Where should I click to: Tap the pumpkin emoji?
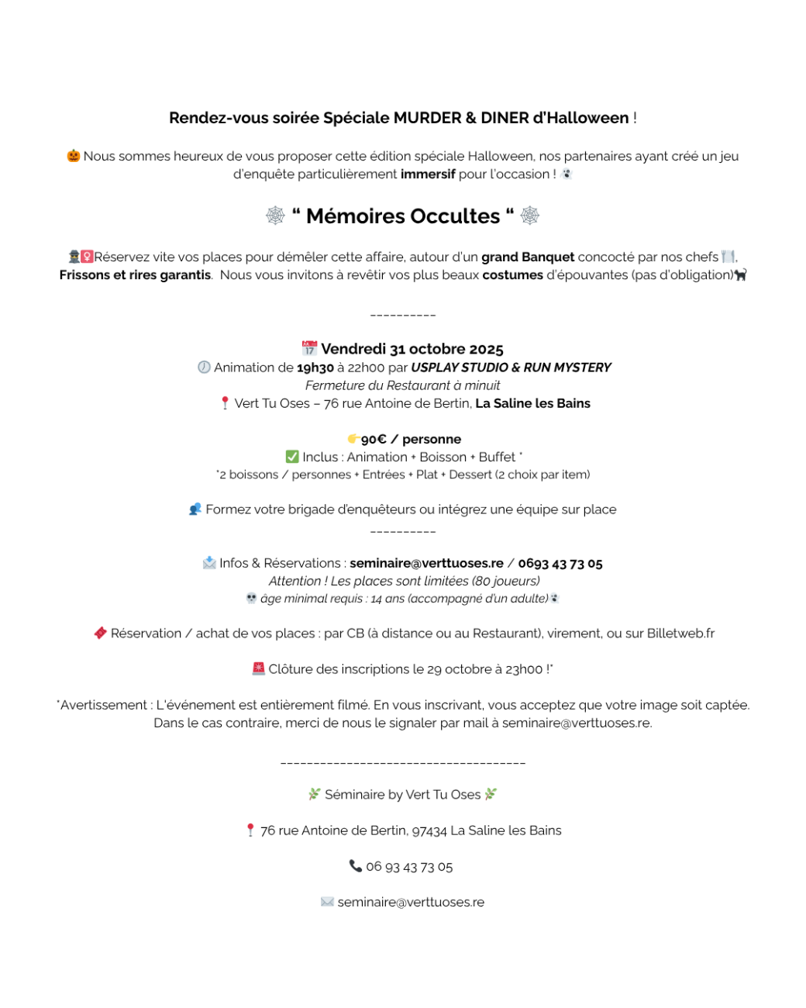(74, 156)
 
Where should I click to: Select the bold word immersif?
(428, 174)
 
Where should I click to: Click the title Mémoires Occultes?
(403, 216)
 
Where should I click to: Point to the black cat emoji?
(741, 275)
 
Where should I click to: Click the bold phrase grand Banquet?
(528, 257)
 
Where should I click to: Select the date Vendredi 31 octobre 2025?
(412, 349)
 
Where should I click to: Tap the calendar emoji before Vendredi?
(309, 348)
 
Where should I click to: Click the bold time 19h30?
(315, 368)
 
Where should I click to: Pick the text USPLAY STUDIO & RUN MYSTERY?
(511, 368)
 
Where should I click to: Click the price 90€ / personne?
(411, 440)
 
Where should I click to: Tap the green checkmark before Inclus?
(292, 457)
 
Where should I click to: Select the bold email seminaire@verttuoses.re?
(426, 564)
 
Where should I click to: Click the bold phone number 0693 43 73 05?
(560, 564)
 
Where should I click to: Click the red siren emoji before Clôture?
(258, 668)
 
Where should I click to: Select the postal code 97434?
(429, 830)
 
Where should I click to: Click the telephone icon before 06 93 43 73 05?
(356, 866)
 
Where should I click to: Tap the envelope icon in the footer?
(327, 902)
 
